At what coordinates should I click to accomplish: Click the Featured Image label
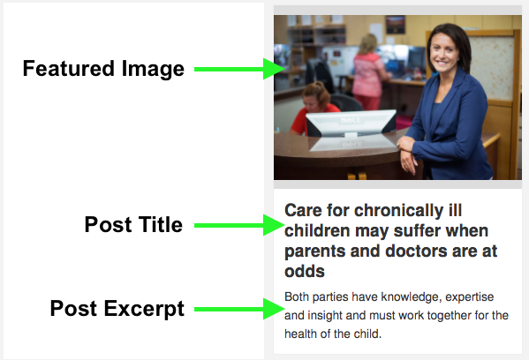point(103,69)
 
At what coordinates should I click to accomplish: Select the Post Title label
point(133,224)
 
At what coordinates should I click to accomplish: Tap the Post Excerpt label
point(117,309)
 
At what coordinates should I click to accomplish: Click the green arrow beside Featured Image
point(239,69)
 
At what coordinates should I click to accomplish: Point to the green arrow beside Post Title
point(239,225)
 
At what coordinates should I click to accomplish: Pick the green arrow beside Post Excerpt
point(239,309)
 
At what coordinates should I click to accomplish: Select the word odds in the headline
point(305,272)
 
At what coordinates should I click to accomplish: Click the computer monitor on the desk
point(351,124)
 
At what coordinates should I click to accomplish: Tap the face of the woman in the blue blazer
point(444,54)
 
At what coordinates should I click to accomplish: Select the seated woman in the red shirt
point(314,108)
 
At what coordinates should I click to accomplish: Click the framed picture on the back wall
point(396,25)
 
